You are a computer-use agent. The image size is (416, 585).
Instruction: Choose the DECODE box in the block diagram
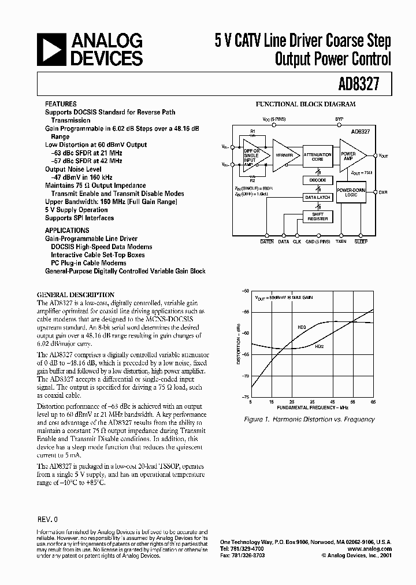317,180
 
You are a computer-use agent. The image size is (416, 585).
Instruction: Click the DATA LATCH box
317,198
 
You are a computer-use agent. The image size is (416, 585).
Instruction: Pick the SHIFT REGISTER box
317,217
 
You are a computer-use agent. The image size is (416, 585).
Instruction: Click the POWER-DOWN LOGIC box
351,192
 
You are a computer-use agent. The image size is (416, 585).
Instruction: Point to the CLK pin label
297,242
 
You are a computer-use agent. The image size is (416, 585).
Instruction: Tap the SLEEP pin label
361,242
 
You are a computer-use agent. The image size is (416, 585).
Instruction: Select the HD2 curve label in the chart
319,346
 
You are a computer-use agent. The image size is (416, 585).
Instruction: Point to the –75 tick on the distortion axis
246,398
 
